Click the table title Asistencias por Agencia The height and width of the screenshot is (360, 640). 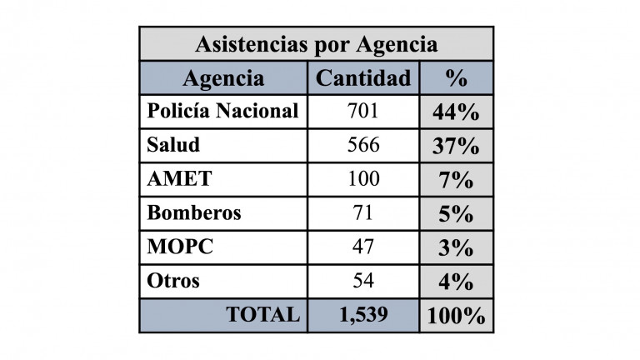pos(316,44)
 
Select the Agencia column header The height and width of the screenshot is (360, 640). pos(222,78)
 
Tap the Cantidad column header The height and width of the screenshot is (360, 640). pos(364,78)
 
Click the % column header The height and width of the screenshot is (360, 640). pos(456,78)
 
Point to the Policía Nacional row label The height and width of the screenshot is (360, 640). pos(222,111)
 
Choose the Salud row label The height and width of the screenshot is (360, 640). pos(173,145)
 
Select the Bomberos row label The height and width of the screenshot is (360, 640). pos(194,213)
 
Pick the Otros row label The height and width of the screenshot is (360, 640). pos(173,281)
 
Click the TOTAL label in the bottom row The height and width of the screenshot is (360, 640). pos(262,315)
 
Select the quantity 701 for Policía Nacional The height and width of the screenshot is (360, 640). pos(363,111)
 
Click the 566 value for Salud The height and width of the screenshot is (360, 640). pos(363,145)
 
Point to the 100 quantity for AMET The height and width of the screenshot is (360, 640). pos(363,179)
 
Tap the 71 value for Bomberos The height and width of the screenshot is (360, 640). pos(363,213)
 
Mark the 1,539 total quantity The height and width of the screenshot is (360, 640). pos(363,315)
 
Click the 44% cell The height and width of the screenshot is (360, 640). pos(456,112)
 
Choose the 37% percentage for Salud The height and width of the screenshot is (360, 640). pos(456,146)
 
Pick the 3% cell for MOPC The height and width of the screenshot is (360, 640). pos(456,247)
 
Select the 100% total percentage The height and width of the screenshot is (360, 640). pos(456,316)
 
